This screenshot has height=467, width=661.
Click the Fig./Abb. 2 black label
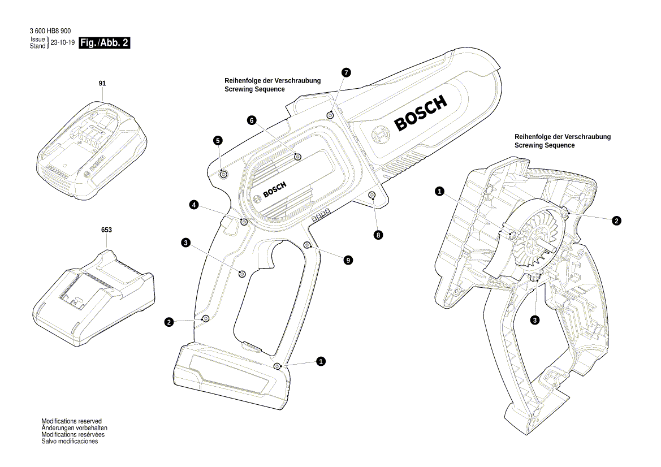pos(105,43)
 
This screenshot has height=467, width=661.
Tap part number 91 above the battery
pos(102,83)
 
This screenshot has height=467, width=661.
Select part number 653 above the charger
pos(106,230)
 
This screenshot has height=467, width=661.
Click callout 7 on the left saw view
pos(346,72)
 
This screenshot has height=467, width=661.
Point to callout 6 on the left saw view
pos(252,120)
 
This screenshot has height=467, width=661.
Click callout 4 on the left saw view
pos(194,205)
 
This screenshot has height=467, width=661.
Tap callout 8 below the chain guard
pos(378,234)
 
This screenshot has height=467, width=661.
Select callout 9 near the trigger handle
pos(348,260)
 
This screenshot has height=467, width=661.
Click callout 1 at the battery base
pos(321,361)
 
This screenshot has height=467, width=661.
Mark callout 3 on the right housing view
pos(535,320)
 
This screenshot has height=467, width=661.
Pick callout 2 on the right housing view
pos(617,221)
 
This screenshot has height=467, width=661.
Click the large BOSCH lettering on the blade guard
pos(421,113)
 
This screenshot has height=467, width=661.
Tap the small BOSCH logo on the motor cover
pos(274,190)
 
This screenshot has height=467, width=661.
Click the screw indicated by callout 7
pos(330,115)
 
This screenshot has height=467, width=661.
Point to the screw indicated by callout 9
pos(307,245)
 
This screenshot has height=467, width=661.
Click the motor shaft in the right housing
pos(546,245)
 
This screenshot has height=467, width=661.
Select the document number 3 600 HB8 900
pos(50,31)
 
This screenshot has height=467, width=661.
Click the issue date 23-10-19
pos(63,43)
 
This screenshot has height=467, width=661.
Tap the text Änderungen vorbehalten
pos(74,428)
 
